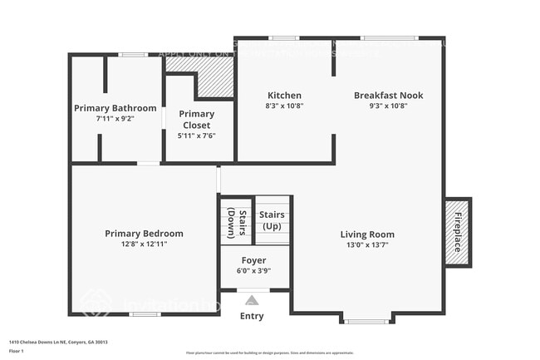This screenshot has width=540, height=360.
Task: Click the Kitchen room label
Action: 284,96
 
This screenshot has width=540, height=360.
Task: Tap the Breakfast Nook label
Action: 388,96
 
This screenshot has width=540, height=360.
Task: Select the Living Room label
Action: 367,234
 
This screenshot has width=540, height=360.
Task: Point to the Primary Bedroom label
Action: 144,234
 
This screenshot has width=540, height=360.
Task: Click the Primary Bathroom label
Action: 115,108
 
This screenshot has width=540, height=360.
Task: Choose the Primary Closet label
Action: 197,120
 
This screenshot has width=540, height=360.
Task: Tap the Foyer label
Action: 254,260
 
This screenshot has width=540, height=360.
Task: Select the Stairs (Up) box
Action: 272,220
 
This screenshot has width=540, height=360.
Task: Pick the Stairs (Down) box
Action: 237,220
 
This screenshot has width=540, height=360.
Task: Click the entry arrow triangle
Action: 253,300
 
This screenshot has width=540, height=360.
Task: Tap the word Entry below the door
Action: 252,316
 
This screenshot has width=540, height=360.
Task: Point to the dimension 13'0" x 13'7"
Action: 367,245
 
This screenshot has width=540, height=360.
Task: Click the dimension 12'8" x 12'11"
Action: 144,244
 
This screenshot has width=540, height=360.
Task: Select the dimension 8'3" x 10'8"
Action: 284,106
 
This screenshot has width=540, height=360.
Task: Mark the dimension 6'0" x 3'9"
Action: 254,271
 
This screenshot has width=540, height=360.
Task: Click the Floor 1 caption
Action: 17,352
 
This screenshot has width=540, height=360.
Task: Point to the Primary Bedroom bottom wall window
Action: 145,314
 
